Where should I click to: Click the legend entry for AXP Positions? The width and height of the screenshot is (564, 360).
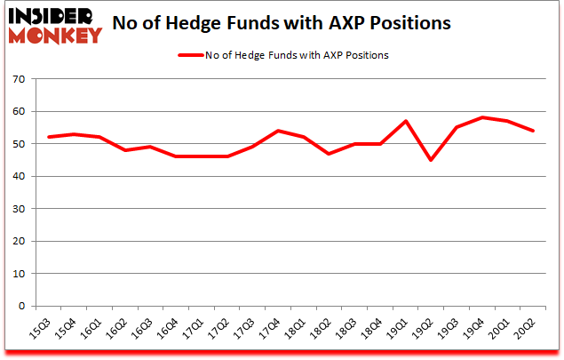[x=282, y=55]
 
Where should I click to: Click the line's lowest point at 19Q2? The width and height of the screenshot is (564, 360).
[x=431, y=160]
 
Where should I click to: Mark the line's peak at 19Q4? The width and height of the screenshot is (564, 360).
[x=481, y=117]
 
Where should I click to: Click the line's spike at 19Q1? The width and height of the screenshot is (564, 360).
[x=405, y=121]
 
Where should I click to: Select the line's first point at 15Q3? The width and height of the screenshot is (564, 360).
[x=50, y=137]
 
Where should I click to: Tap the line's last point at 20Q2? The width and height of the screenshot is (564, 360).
[x=532, y=131]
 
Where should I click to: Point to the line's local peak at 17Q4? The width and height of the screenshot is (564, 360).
[x=278, y=131]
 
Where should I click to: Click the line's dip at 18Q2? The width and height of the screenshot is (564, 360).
[x=329, y=154]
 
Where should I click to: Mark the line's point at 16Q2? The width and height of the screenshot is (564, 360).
[x=126, y=150]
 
